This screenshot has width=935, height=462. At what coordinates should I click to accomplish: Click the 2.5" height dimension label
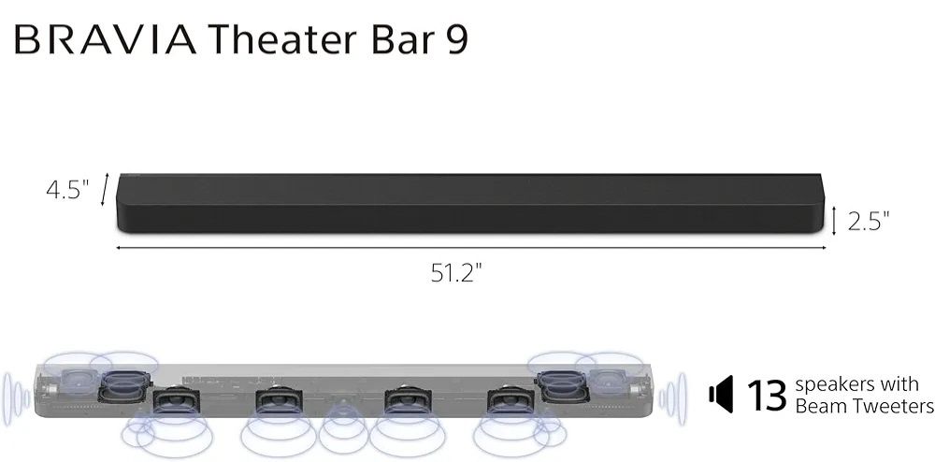click(868, 221)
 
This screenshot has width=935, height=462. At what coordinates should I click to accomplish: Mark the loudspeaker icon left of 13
click(720, 397)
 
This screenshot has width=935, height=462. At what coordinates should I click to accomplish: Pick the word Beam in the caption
click(815, 407)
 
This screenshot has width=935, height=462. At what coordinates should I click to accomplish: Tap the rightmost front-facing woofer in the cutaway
click(508, 403)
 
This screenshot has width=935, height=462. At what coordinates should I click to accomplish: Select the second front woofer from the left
click(278, 403)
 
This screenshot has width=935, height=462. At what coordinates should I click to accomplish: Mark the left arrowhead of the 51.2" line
click(119, 248)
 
